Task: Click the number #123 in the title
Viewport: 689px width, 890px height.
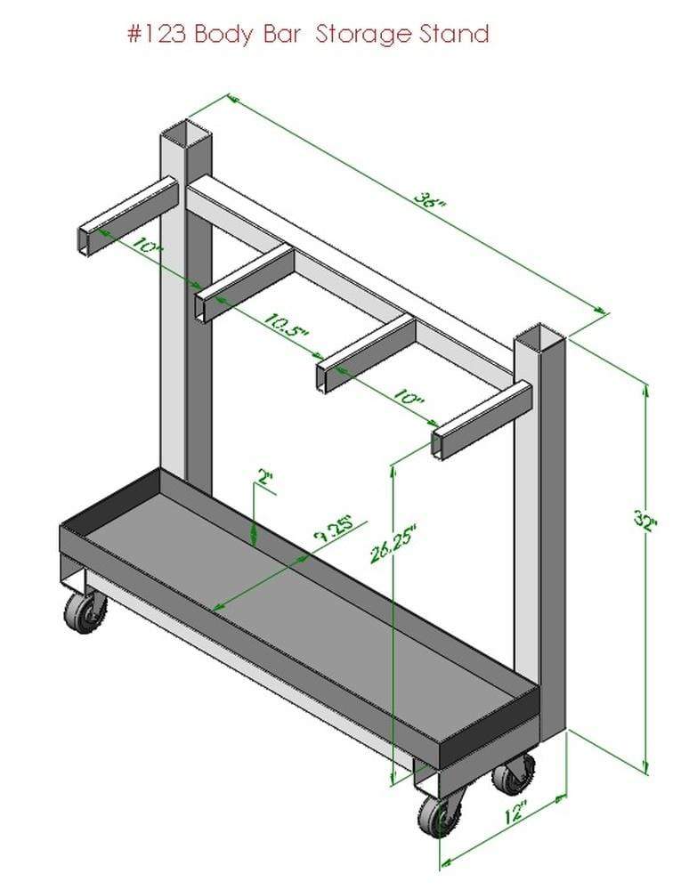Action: [157, 35]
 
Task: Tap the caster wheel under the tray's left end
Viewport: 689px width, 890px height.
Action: [85, 612]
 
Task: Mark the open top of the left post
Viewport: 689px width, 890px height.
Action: [187, 137]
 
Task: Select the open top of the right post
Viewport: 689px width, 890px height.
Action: [540, 338]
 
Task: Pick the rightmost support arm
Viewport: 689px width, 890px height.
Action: [482, 419]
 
